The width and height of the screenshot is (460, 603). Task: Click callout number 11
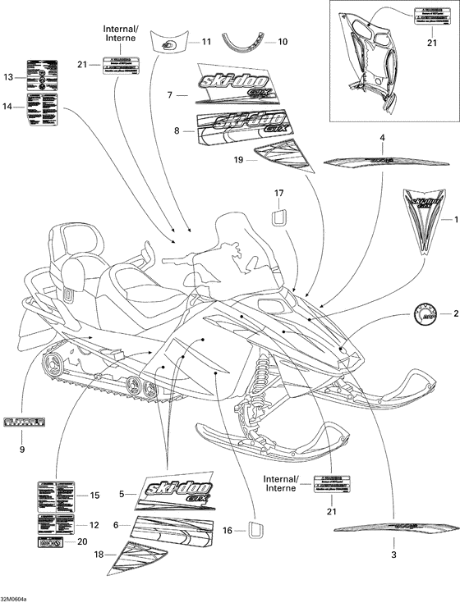[x=205, y=41]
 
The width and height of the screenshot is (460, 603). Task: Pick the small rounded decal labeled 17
[x=278, y=216]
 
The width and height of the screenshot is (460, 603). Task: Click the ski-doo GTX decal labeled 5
[x=177, y=494]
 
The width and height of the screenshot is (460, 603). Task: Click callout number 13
[x=8, y=77]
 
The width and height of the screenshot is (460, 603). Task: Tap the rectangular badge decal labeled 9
[x=23, y=423]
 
